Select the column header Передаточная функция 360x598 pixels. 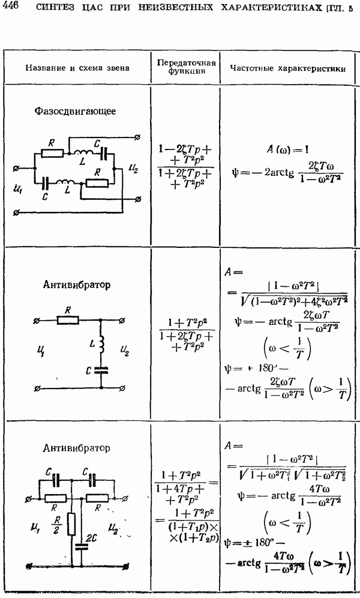pos(187,67)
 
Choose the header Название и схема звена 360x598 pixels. pos(78,68)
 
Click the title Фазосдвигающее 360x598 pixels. pos(75,111)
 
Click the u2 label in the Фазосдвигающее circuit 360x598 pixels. pos(133,169)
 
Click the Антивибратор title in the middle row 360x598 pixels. pos(77,285)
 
